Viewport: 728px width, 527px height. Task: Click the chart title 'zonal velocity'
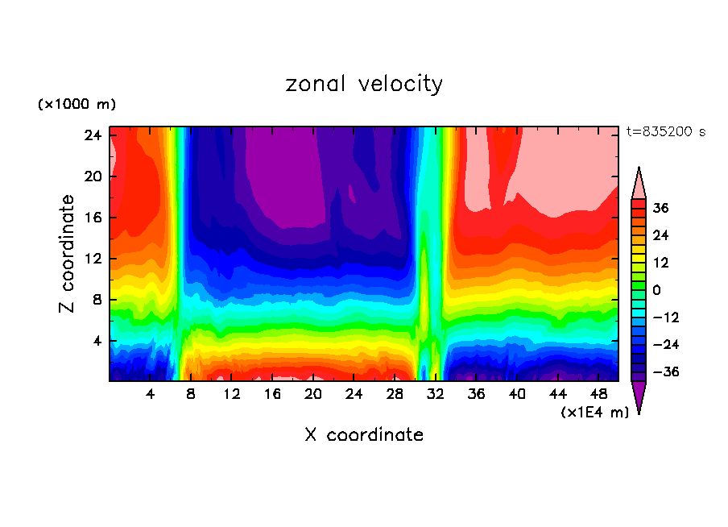click(x=364, y=84)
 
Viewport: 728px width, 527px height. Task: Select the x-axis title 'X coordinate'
click(x=364, y=435)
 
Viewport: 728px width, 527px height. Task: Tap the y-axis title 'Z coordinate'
click(x=68, y=254)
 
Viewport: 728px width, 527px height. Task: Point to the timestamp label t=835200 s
click(x=666, y=131)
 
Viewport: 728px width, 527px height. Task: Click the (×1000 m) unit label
click(x=77, y=105)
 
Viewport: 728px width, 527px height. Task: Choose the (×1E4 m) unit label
click(x=594, y=413)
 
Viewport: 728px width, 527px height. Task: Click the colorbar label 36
click(x=660, y=208)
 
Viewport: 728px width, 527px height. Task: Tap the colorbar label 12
click(x=660, y=263)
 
